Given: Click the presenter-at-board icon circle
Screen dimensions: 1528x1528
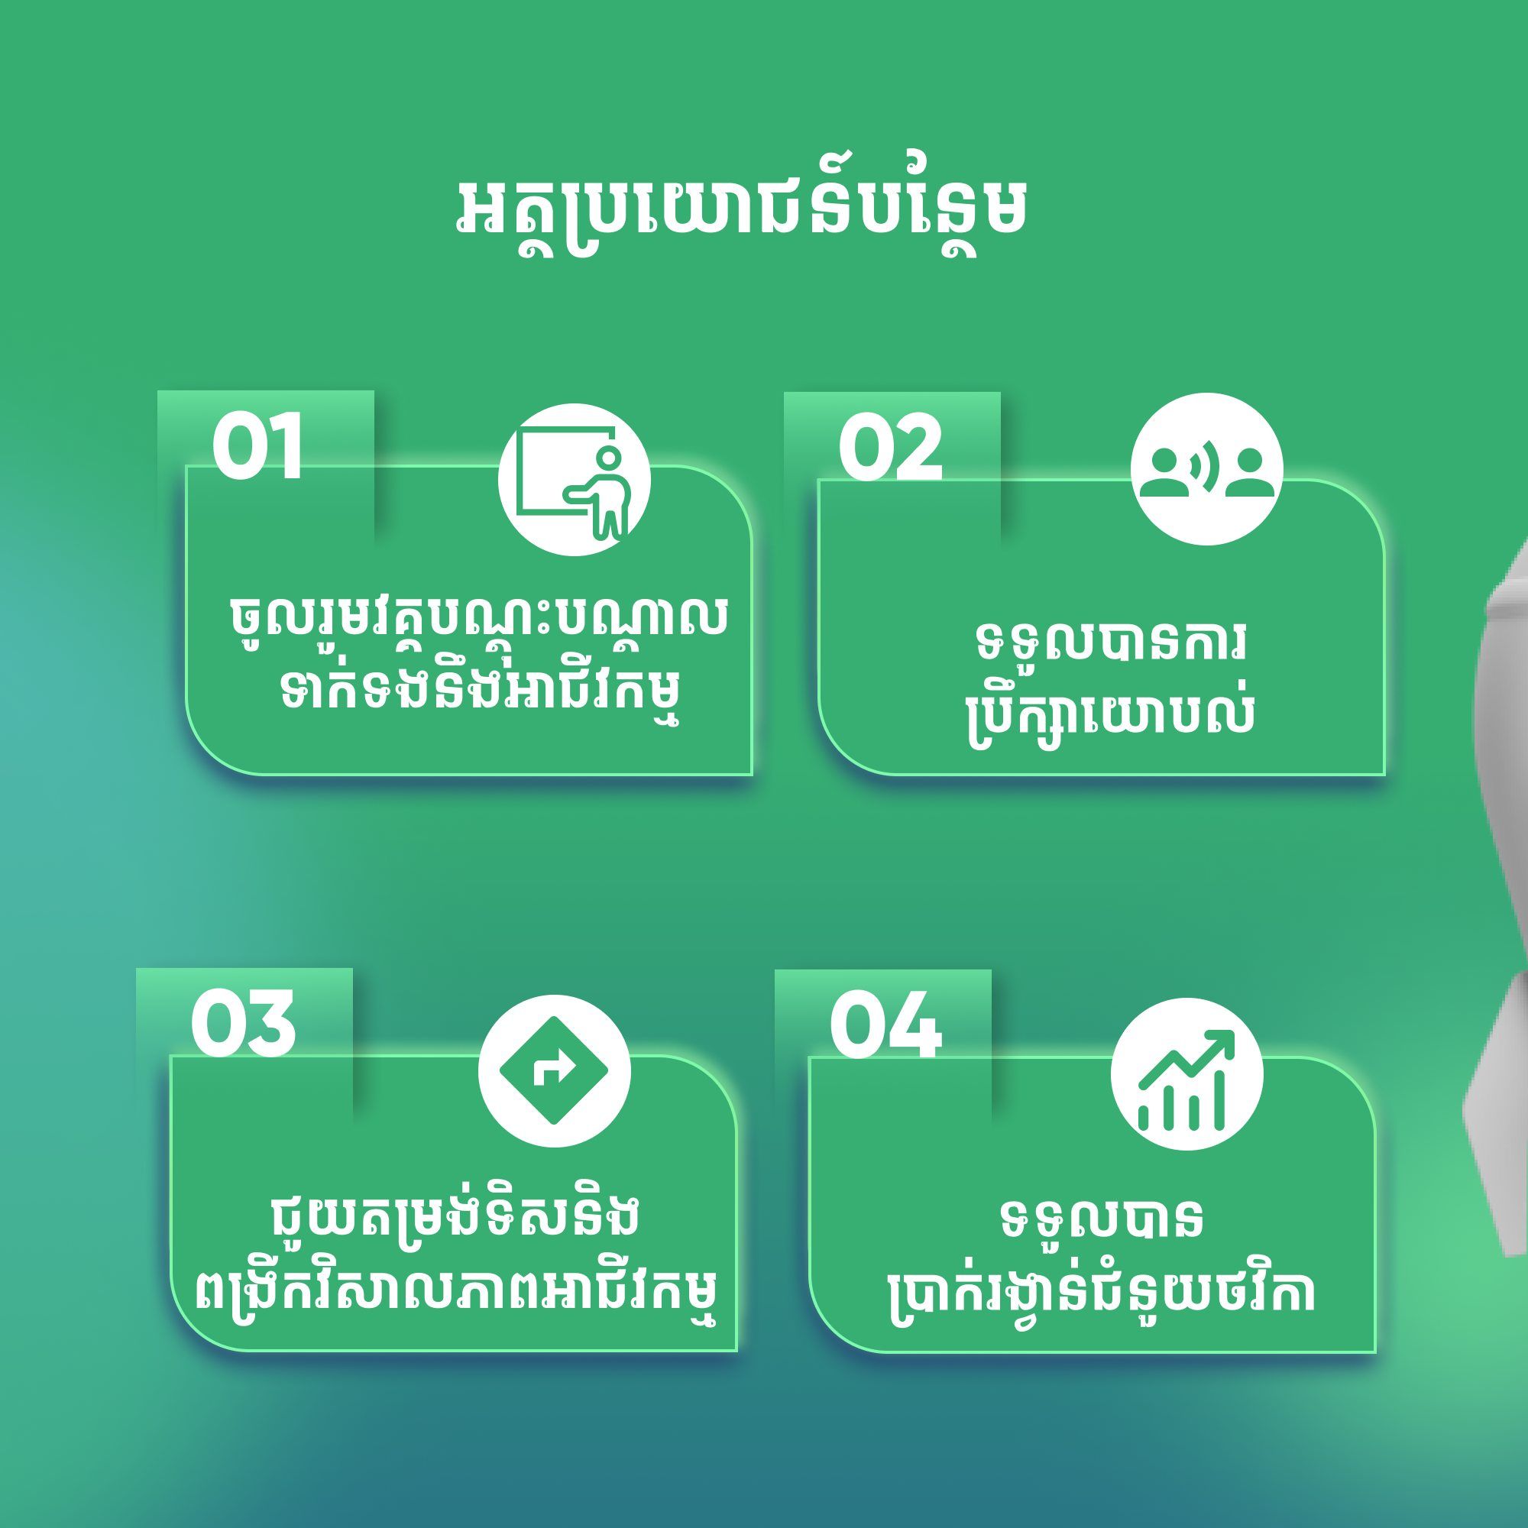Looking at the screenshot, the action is pyautogui.click(x=575, y=479).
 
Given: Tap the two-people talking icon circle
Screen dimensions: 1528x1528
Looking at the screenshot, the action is pyautogui.click(x=1207, y=469).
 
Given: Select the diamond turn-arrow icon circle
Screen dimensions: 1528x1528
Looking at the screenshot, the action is pyautogui.click(x=555, y=1071).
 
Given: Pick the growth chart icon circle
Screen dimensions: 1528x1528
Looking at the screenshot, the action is pyautogui.click(x=1186, y=1075).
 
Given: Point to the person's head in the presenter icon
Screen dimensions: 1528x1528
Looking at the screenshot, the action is pyautogui.click(x=607, y=458).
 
